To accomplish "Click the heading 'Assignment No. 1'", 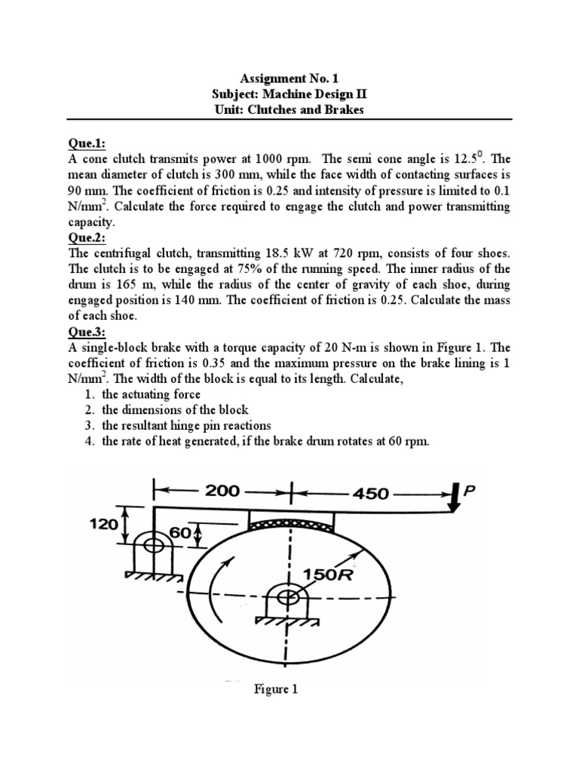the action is click(289, 78).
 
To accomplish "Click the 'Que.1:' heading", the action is click(87, 143).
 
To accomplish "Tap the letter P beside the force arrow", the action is click(471, 491).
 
